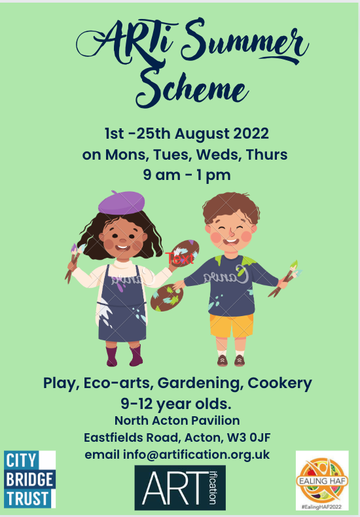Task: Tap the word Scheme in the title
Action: [x=192, y=88]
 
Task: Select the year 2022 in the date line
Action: [x=251, y=134]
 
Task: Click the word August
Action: [x=202, y=134]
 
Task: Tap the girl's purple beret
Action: [x=121, y=202]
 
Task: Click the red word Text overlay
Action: [x=179, y=258]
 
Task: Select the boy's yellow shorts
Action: [x=232, y=326]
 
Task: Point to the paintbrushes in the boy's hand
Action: [x=285, y=278]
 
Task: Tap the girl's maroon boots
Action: [x=124, y=356]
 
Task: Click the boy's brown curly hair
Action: [x=231, y=207]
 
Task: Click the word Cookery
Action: [x=279, y=383]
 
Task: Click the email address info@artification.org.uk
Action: [x=196, y=455]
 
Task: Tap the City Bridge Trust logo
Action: [x=29, y=479]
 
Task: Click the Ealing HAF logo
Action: [x=322, y=480]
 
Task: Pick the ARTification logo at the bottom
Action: [x=180, y=488]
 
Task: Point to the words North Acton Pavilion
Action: [x=177, y=421]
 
